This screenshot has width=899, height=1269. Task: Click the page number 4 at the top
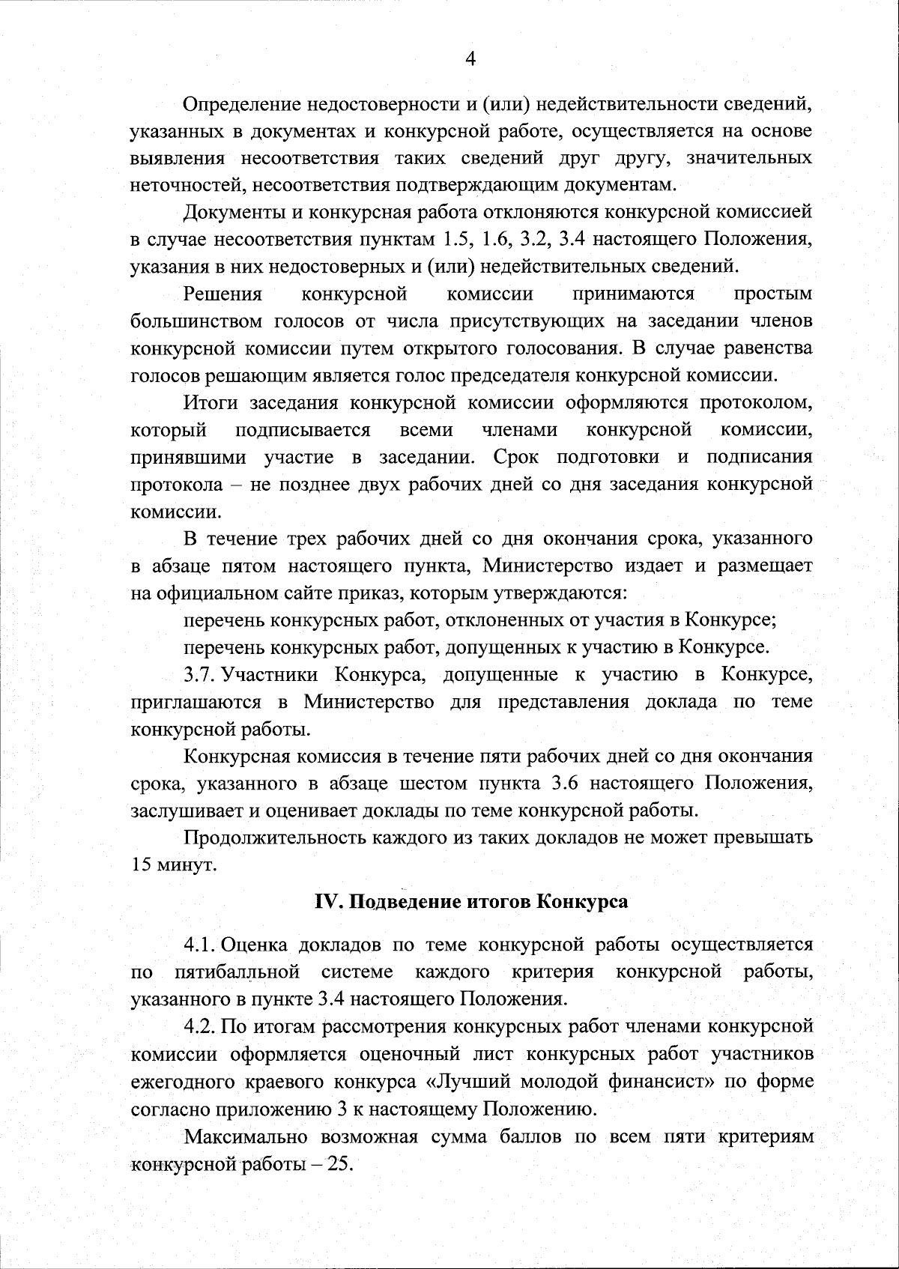(x=470, y=58)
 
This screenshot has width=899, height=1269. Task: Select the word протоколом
(x=755, y=403)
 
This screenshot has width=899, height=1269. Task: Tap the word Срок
(x=514, y=457)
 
